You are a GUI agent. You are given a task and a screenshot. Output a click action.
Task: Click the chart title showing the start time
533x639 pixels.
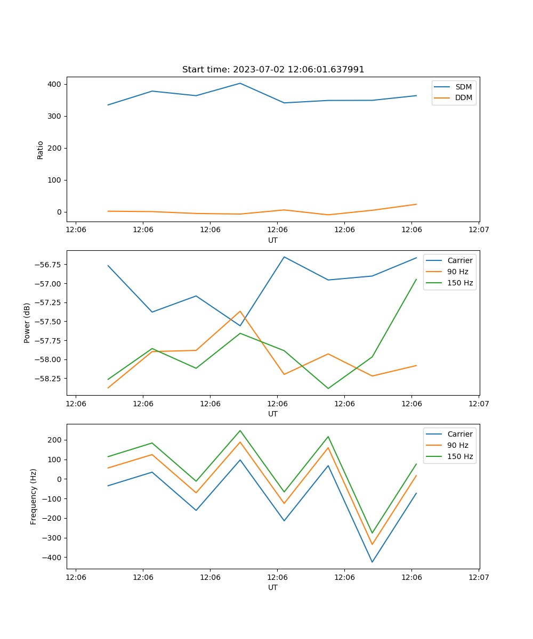(x=273, y=70)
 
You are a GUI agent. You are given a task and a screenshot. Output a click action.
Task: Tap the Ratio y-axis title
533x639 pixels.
(x=41, y=150)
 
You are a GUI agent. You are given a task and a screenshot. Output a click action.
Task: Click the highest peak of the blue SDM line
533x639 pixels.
(x=240, y=83)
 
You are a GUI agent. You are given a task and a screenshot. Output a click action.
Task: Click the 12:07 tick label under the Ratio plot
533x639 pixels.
(x=478, y=230)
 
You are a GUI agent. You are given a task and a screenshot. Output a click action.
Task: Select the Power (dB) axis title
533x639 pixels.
(x=27, y=323)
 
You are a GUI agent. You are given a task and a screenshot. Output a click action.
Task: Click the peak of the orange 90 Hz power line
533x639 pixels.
(x=240, y=311)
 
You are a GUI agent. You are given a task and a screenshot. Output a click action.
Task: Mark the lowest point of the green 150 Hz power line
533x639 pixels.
(x=328, y=388)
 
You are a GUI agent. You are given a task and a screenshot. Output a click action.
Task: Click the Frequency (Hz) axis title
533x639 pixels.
(x=34, y=496)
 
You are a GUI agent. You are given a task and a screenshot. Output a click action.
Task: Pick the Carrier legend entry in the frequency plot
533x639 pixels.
(x=459, y=434)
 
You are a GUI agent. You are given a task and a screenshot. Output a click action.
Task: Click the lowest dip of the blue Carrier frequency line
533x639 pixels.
(x=372, y=562)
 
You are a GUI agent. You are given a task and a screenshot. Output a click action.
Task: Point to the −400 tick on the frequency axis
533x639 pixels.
(x=51, y=558)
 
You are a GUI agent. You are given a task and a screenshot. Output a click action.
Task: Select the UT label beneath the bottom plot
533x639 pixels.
(x=273, y=587)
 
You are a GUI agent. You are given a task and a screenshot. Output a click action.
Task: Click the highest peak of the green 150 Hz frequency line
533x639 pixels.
(x=240, y=430)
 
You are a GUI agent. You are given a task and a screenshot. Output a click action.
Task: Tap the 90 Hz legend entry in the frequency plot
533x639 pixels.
(x=457, y=445)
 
